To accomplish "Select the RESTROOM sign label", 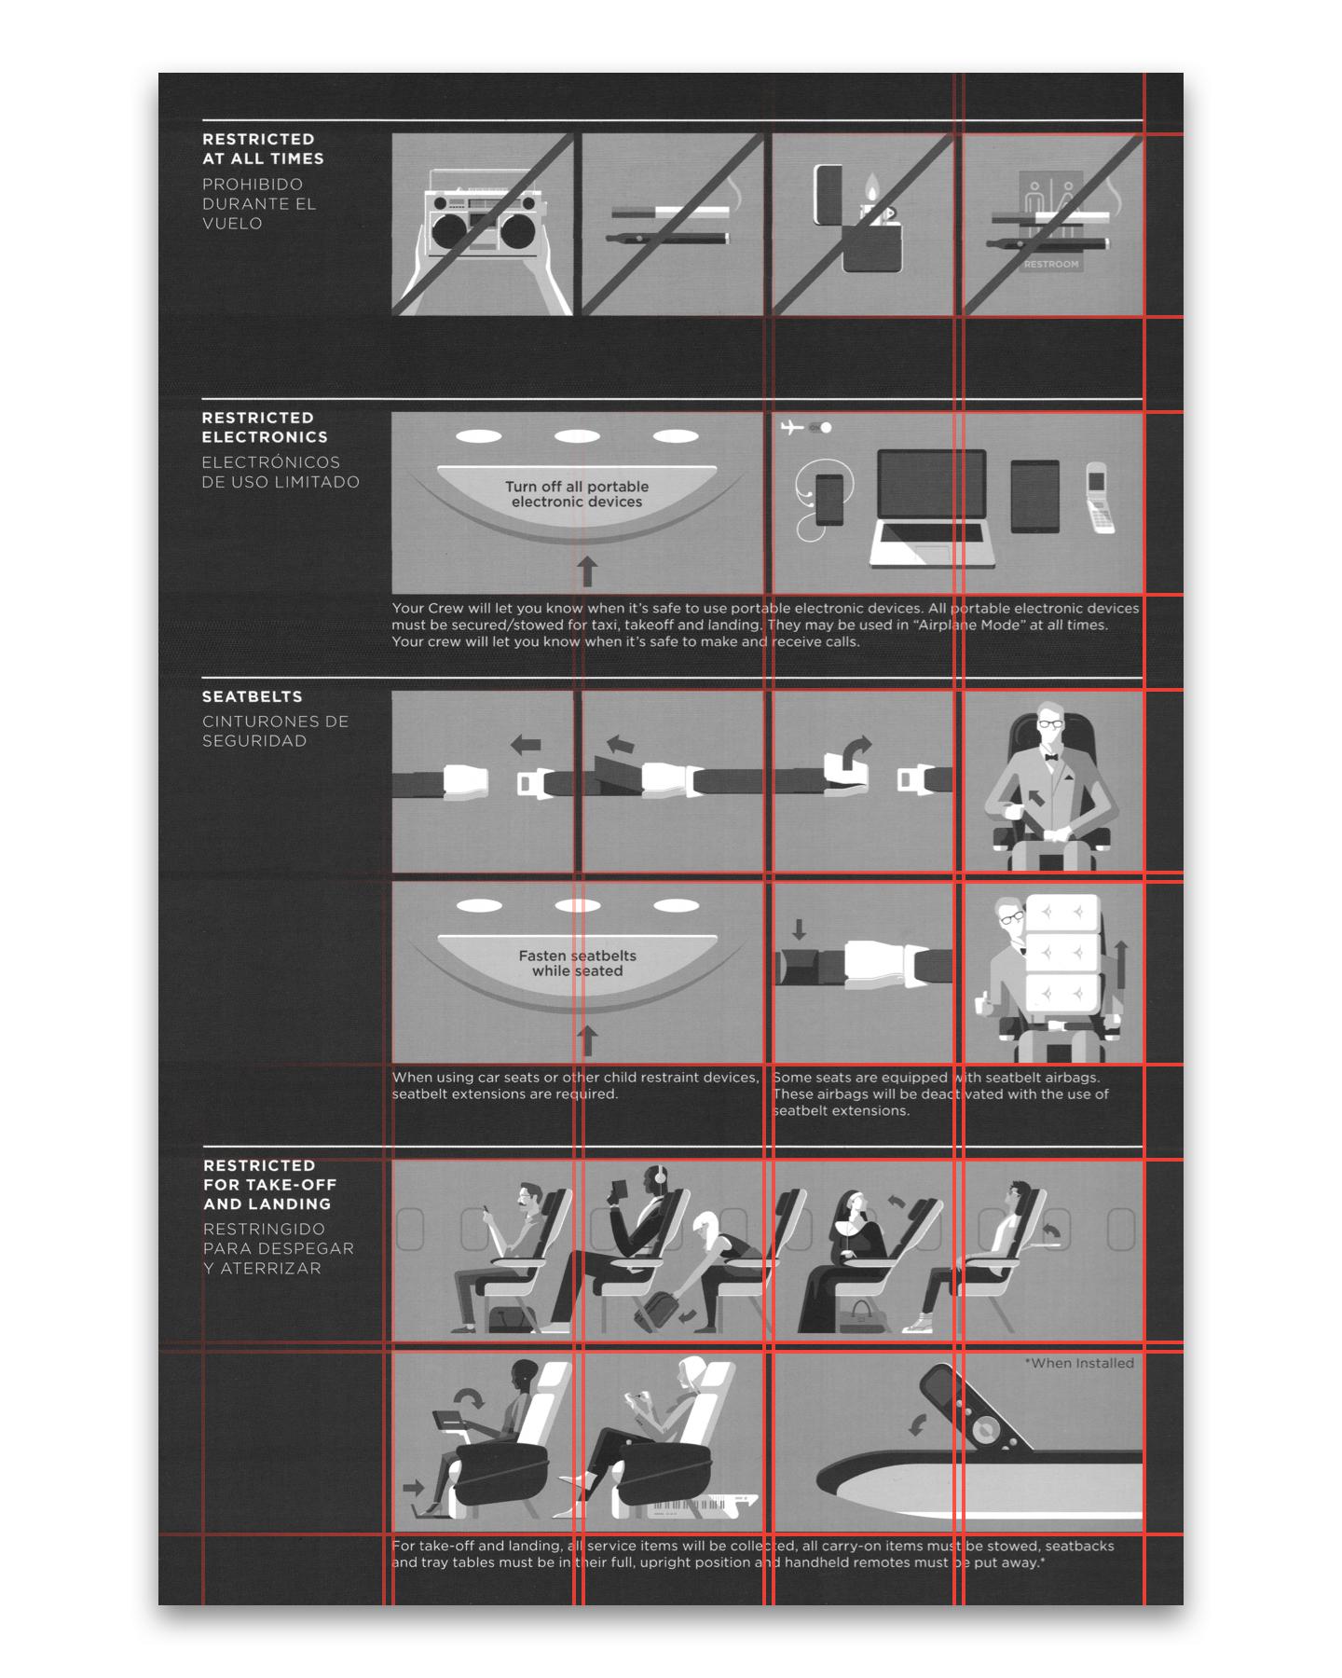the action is point(1051,264).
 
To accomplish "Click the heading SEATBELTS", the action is point(253,696).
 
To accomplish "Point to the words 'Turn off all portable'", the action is point(577,487).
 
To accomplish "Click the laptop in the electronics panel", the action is point(932,508).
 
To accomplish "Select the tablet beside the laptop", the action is point(1035,496).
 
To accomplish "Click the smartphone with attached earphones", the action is point(829,500).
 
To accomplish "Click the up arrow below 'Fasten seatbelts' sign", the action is point(587,1040).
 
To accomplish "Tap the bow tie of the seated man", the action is point(1052,758).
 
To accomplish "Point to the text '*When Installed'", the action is point(1079,1363).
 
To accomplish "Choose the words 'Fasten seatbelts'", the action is point(578,956).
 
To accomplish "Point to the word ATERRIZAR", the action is point(270,1268).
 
